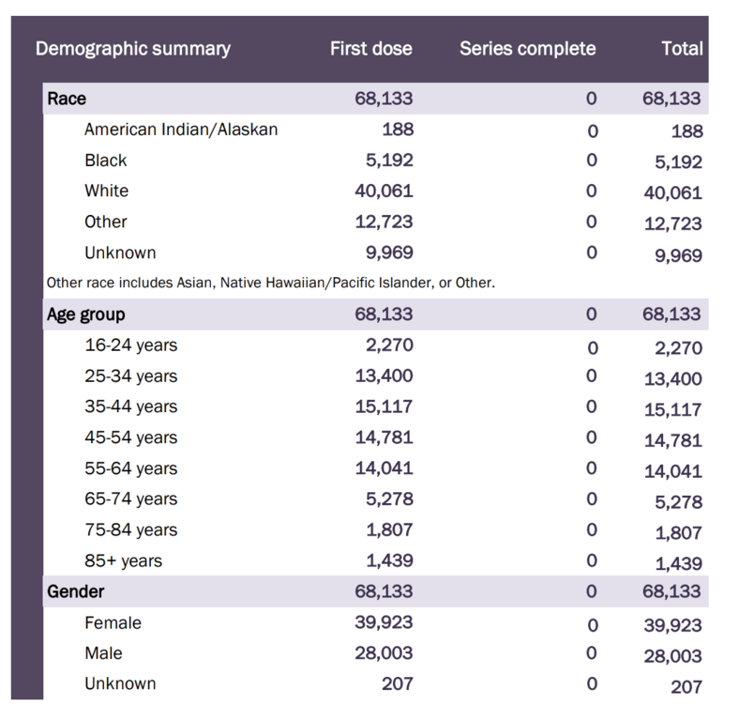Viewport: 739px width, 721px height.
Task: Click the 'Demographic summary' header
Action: coord(132,49)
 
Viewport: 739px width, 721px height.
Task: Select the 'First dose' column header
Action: coord(370,49)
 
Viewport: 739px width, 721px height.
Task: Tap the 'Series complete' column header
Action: coord(527,49)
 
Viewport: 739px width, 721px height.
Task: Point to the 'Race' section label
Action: coord(67,99)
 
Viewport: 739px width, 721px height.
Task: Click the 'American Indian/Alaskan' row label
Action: coord(181,130)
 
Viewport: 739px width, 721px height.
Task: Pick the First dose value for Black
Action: coord(388,161)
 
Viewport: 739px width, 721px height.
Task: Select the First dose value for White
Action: coord(384,192)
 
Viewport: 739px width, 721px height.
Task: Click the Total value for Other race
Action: coord(672,224)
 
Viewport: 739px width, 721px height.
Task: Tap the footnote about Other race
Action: coord(270,282)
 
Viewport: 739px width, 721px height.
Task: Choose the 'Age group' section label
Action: coord(86,314)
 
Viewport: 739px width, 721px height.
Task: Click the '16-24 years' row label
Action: coord(130,345)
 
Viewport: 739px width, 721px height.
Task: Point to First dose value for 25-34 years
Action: coord(384,376)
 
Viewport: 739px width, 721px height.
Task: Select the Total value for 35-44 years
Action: coord(672,409)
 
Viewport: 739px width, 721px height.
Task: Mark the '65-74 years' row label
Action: coord(130,499)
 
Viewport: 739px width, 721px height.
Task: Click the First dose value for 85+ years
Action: coord(388,561)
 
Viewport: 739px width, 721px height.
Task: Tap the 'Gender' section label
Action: coord(76,592)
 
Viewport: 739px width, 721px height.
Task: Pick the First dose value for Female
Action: coord(384,622)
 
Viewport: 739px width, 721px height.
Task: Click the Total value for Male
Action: coord(672,656)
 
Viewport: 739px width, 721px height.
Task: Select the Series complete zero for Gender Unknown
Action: coord(592,684)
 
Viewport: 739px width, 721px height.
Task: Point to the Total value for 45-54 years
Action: coord(672,440)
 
